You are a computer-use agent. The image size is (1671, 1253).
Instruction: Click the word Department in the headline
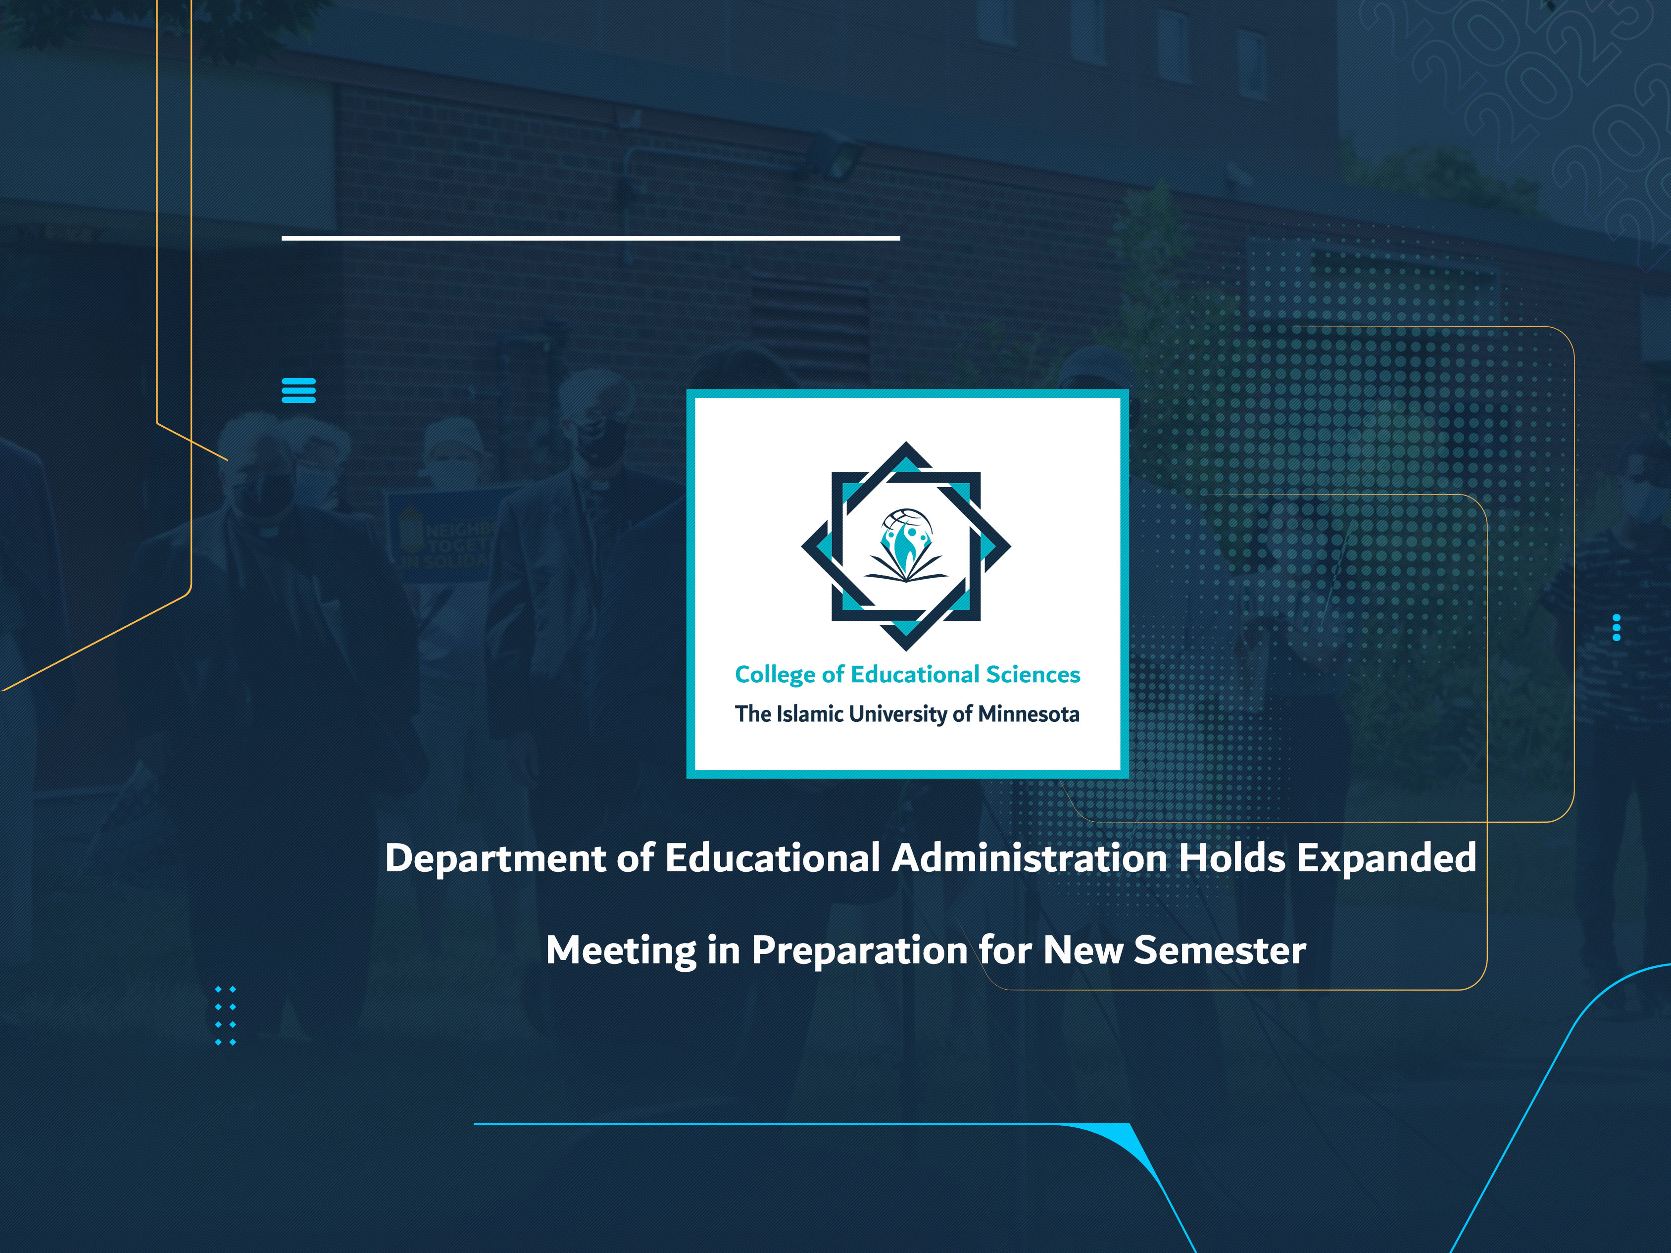tap(495, 858)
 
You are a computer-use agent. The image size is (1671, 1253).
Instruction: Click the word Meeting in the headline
tap(620, 950)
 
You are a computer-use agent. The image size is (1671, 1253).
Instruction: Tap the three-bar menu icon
tap(298, 391)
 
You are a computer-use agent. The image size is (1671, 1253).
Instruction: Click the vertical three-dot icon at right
tap(1616, 627)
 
